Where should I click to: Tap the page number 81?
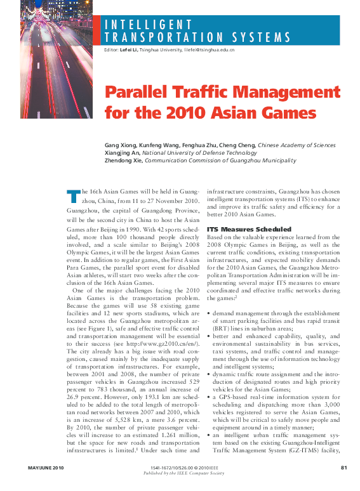tap(343, 468)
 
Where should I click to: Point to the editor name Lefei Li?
tap(128, 49)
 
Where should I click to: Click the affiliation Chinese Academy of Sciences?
tap(297, 145)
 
